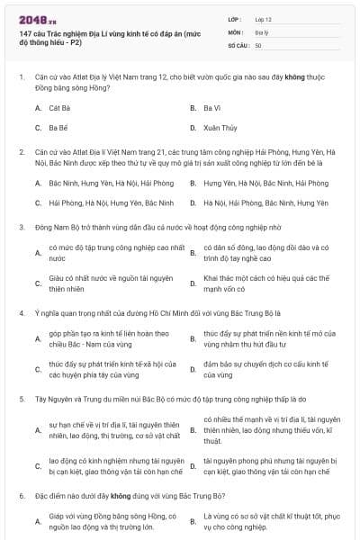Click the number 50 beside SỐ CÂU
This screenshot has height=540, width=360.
pos(258,45)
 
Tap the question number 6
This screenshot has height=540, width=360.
pos(21,495)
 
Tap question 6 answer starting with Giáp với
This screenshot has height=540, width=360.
pos(99,521)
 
